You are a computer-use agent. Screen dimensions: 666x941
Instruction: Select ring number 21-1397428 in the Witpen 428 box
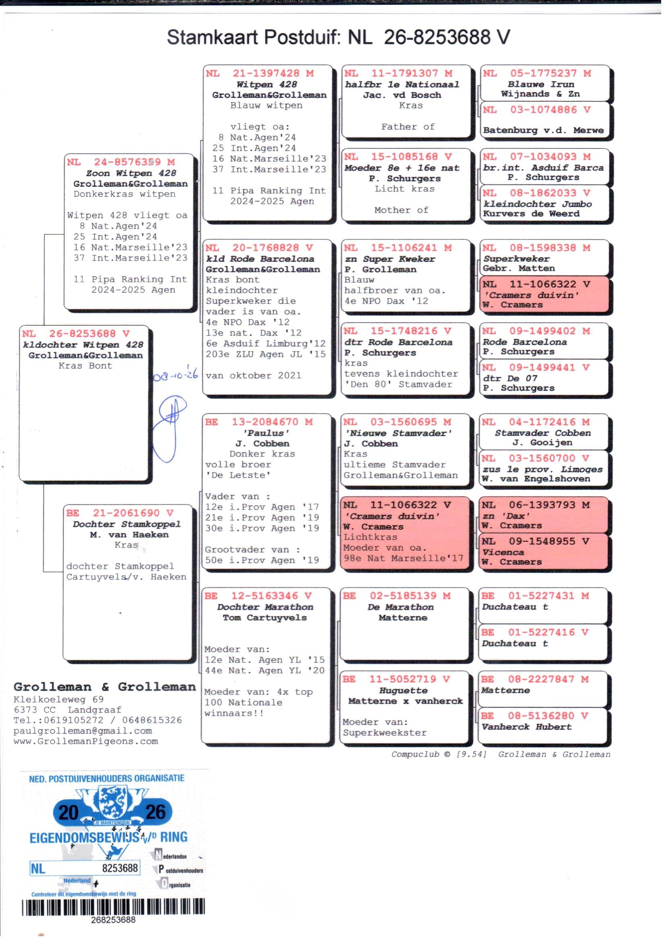266,73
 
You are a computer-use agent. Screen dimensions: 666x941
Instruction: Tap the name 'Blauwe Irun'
540,84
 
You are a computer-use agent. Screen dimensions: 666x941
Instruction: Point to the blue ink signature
170,428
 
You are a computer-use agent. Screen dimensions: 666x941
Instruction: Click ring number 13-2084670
265,422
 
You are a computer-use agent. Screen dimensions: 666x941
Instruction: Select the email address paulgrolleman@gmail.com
83,731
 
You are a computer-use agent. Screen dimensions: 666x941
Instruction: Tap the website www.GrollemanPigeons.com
86,741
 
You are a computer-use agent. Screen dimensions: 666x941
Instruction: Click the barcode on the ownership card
113,906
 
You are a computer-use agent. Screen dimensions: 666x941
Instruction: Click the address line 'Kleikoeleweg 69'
59,699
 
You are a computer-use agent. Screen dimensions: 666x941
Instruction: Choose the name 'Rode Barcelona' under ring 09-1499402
524,342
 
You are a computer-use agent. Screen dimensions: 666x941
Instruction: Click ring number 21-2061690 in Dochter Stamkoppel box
126,513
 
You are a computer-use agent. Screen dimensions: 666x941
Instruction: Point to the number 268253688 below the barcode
113,920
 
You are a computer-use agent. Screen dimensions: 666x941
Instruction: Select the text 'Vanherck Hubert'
526,727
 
